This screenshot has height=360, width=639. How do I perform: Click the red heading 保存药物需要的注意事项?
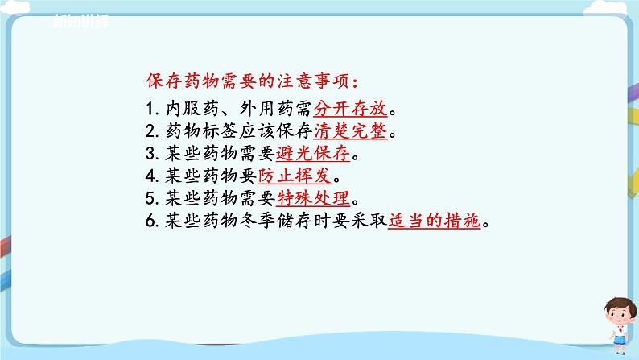[250, 81]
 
